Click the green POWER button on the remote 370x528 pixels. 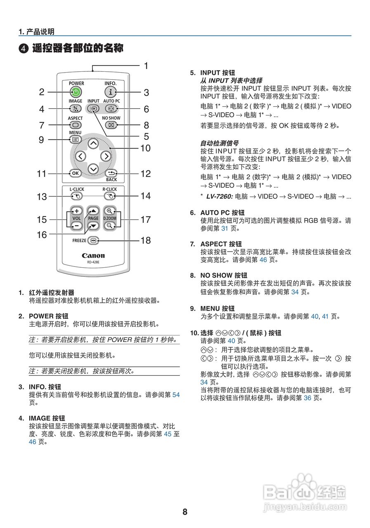pos(76,92)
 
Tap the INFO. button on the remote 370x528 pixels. pos(111,92)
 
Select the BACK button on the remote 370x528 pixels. pos(111,173)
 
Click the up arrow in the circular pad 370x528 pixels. pos(93,144)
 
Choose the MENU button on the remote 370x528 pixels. pos(75,139)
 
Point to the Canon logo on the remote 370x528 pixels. pos(93,256)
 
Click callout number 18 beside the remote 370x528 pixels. pos(146,240)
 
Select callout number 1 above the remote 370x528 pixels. pos(146,66)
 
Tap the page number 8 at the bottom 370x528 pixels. pos(185,512)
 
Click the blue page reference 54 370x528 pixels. pos(176,395)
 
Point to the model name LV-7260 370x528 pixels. pos(219,197)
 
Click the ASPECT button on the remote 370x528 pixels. pos(75,125)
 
